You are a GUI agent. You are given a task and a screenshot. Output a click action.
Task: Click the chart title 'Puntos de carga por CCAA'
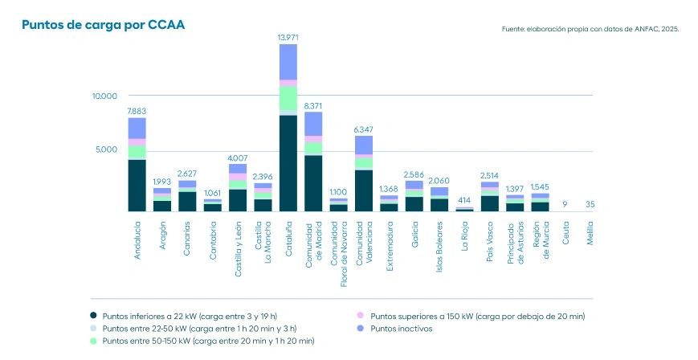[103, 25]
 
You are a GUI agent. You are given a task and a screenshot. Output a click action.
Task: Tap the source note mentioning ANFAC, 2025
[590, 28]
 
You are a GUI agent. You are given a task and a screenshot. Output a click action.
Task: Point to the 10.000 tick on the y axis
[104, 96]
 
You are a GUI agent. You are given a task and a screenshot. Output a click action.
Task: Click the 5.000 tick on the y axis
[106, 149]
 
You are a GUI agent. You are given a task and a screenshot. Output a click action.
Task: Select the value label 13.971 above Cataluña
[288, 38]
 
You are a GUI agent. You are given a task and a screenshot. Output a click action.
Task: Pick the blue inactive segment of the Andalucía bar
[137, 129]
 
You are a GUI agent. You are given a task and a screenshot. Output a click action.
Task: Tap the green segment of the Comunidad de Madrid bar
[313, 149]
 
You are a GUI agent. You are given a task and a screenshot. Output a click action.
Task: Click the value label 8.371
[313, 105]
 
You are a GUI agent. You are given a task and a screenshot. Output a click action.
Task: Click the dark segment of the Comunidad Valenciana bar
[364, 190]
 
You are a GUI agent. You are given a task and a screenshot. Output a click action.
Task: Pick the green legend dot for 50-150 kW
[94, 342]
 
